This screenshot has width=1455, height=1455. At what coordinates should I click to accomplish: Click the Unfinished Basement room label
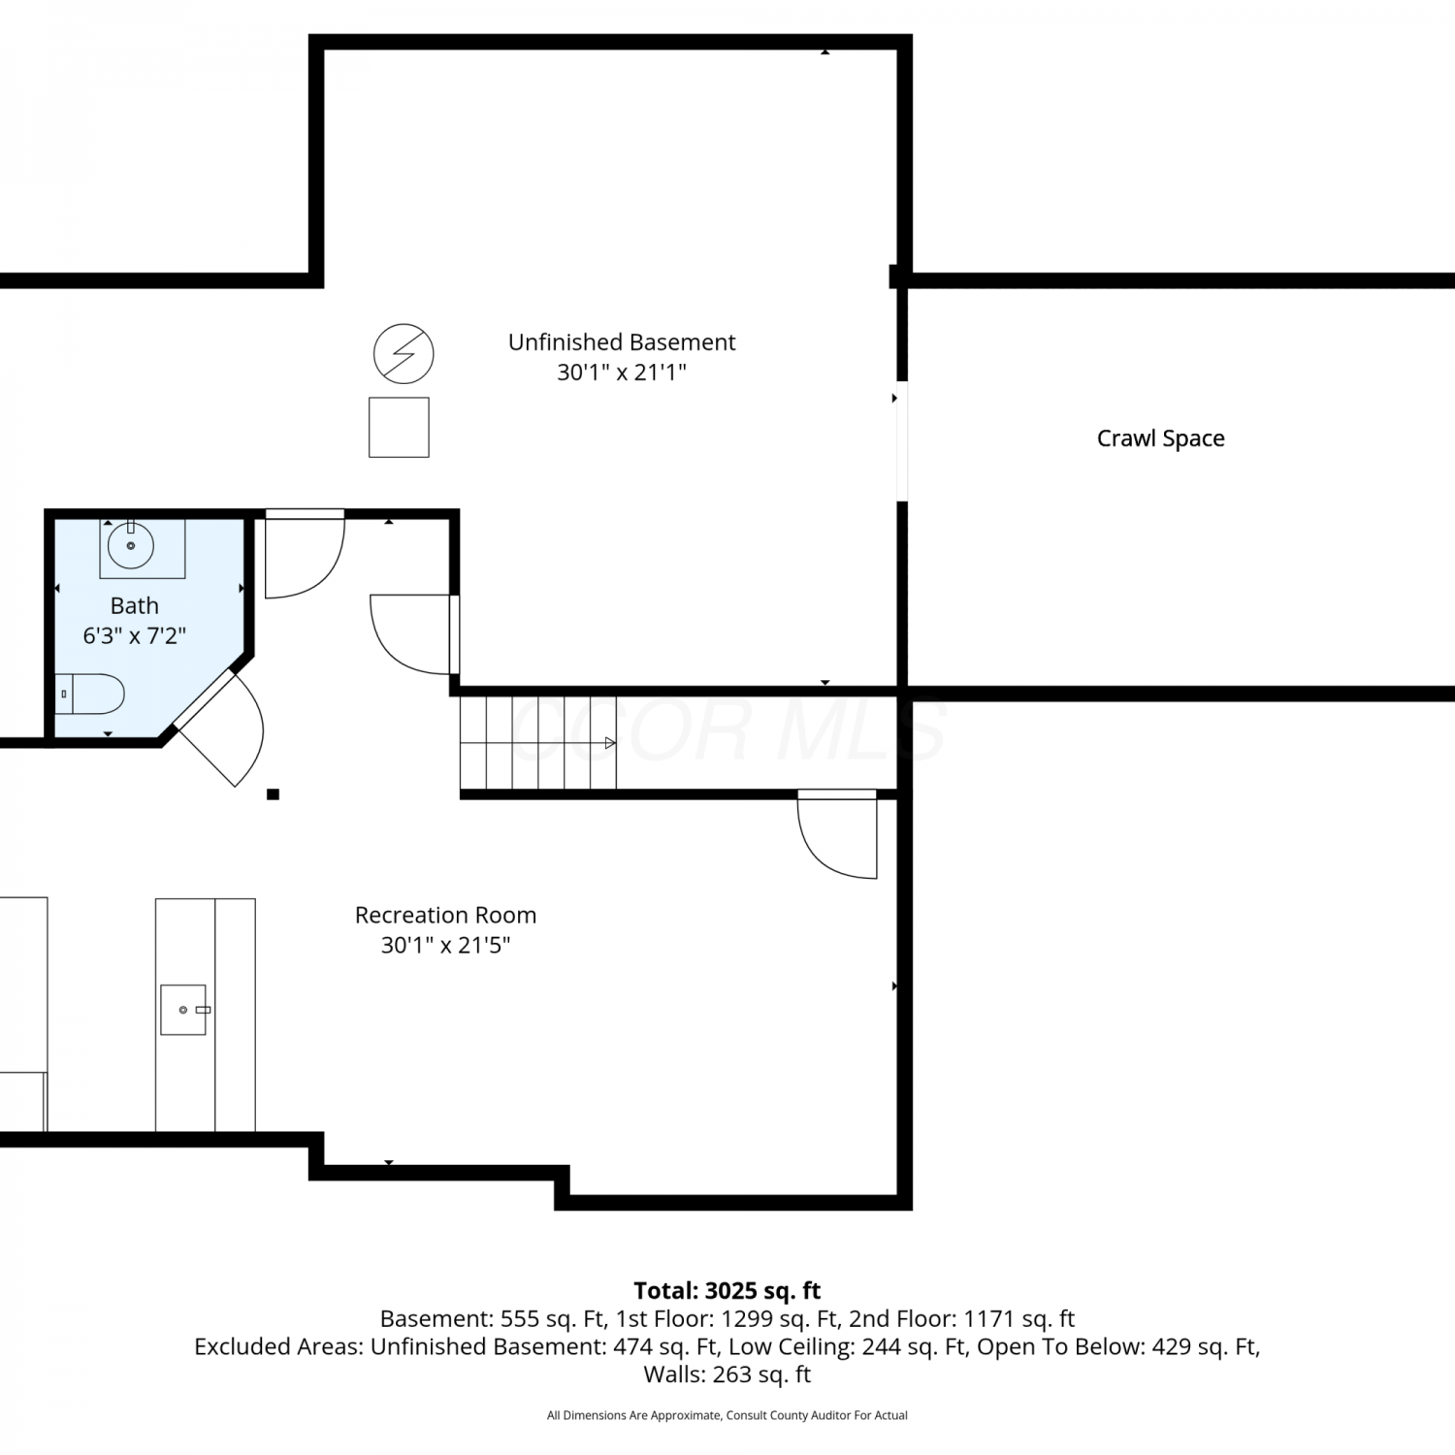622,342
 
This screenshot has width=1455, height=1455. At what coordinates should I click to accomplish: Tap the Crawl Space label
1160,438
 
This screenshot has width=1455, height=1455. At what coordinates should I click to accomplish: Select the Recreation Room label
445,915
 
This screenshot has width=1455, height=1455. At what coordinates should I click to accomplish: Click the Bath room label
134,605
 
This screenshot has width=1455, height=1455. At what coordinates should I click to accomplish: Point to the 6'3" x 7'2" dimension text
134,635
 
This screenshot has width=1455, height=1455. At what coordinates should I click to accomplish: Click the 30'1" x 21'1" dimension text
622,372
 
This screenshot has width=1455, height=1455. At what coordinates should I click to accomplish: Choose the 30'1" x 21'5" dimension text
445,945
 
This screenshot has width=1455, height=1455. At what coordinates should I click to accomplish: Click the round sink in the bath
131,545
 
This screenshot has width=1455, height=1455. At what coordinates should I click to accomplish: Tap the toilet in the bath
89,695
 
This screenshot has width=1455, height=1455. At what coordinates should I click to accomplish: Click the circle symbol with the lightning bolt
404,353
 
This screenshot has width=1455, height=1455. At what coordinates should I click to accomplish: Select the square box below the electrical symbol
399,427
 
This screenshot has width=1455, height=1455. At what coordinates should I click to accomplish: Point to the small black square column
274,794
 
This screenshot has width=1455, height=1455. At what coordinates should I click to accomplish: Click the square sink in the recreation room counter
183,1010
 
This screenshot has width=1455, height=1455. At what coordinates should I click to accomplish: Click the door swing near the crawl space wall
837,835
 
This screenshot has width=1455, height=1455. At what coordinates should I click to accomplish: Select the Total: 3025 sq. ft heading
727,1291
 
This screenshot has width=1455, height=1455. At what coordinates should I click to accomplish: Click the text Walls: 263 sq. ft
727,1374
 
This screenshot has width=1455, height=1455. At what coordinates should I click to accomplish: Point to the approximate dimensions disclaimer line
727,1415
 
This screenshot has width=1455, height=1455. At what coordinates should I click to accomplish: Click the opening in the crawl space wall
902,441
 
